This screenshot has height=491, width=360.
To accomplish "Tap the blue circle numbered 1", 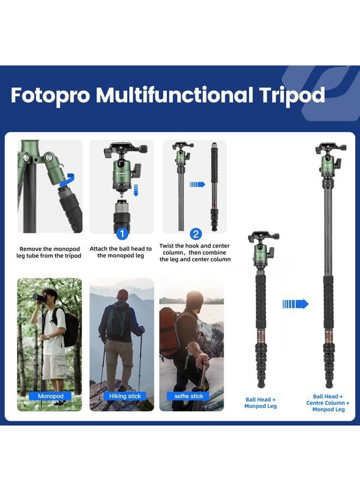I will pyautogui.click(x=122, y=234).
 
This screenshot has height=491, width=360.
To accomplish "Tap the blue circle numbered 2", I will pyautogui.click(x=196, y=234).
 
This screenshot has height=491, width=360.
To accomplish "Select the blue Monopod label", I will pyautogui.click(x=50, y=396).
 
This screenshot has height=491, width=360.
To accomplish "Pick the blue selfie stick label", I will pyautogui.click(x=189, y=396).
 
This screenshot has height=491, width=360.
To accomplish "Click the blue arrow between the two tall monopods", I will pyautogui.click(x=295, y=304).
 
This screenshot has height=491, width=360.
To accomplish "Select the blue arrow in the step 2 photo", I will pyautogui.click(x=197, y=184).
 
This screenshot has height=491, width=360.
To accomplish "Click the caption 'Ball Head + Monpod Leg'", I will pyautogui.click(x=260, y=403).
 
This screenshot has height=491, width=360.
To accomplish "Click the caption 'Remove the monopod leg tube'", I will pyautogui.click(x=50, y=252).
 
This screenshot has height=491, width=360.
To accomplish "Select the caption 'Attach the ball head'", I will pyautogui.click(x=121, y=252).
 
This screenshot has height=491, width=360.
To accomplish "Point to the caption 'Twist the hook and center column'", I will pyautogui.click(x=195, y=253).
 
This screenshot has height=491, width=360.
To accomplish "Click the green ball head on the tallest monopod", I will pyautogui.click(x=328, y=165).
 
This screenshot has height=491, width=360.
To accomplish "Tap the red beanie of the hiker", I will pyautogui.click(x=123, y=294).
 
